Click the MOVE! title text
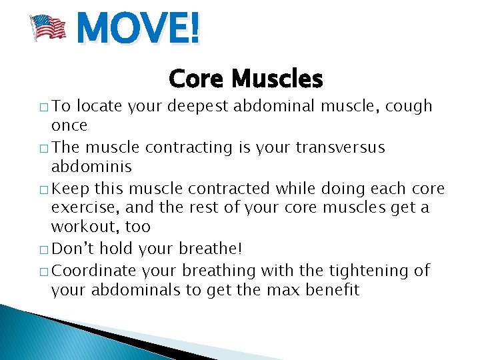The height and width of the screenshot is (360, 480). [x=138, y=29]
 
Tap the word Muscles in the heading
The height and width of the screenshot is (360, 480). [x=275, y=79]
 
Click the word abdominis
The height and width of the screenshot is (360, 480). [x=91, y=167]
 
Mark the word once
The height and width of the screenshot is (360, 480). [x=69, y=126]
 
